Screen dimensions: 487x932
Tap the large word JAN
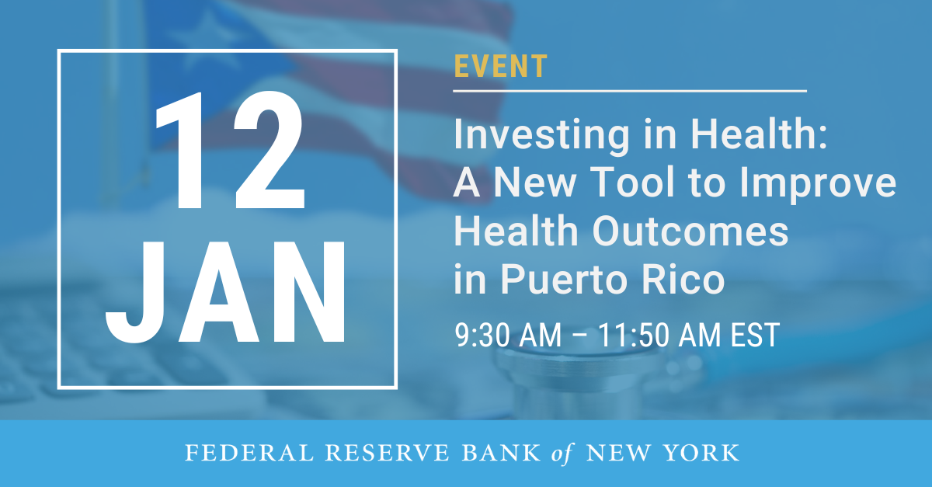226,298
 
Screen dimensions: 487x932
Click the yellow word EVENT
500,68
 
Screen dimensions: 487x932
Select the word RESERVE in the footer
358,453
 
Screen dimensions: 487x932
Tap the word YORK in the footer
704,453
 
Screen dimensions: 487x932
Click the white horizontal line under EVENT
630,91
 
